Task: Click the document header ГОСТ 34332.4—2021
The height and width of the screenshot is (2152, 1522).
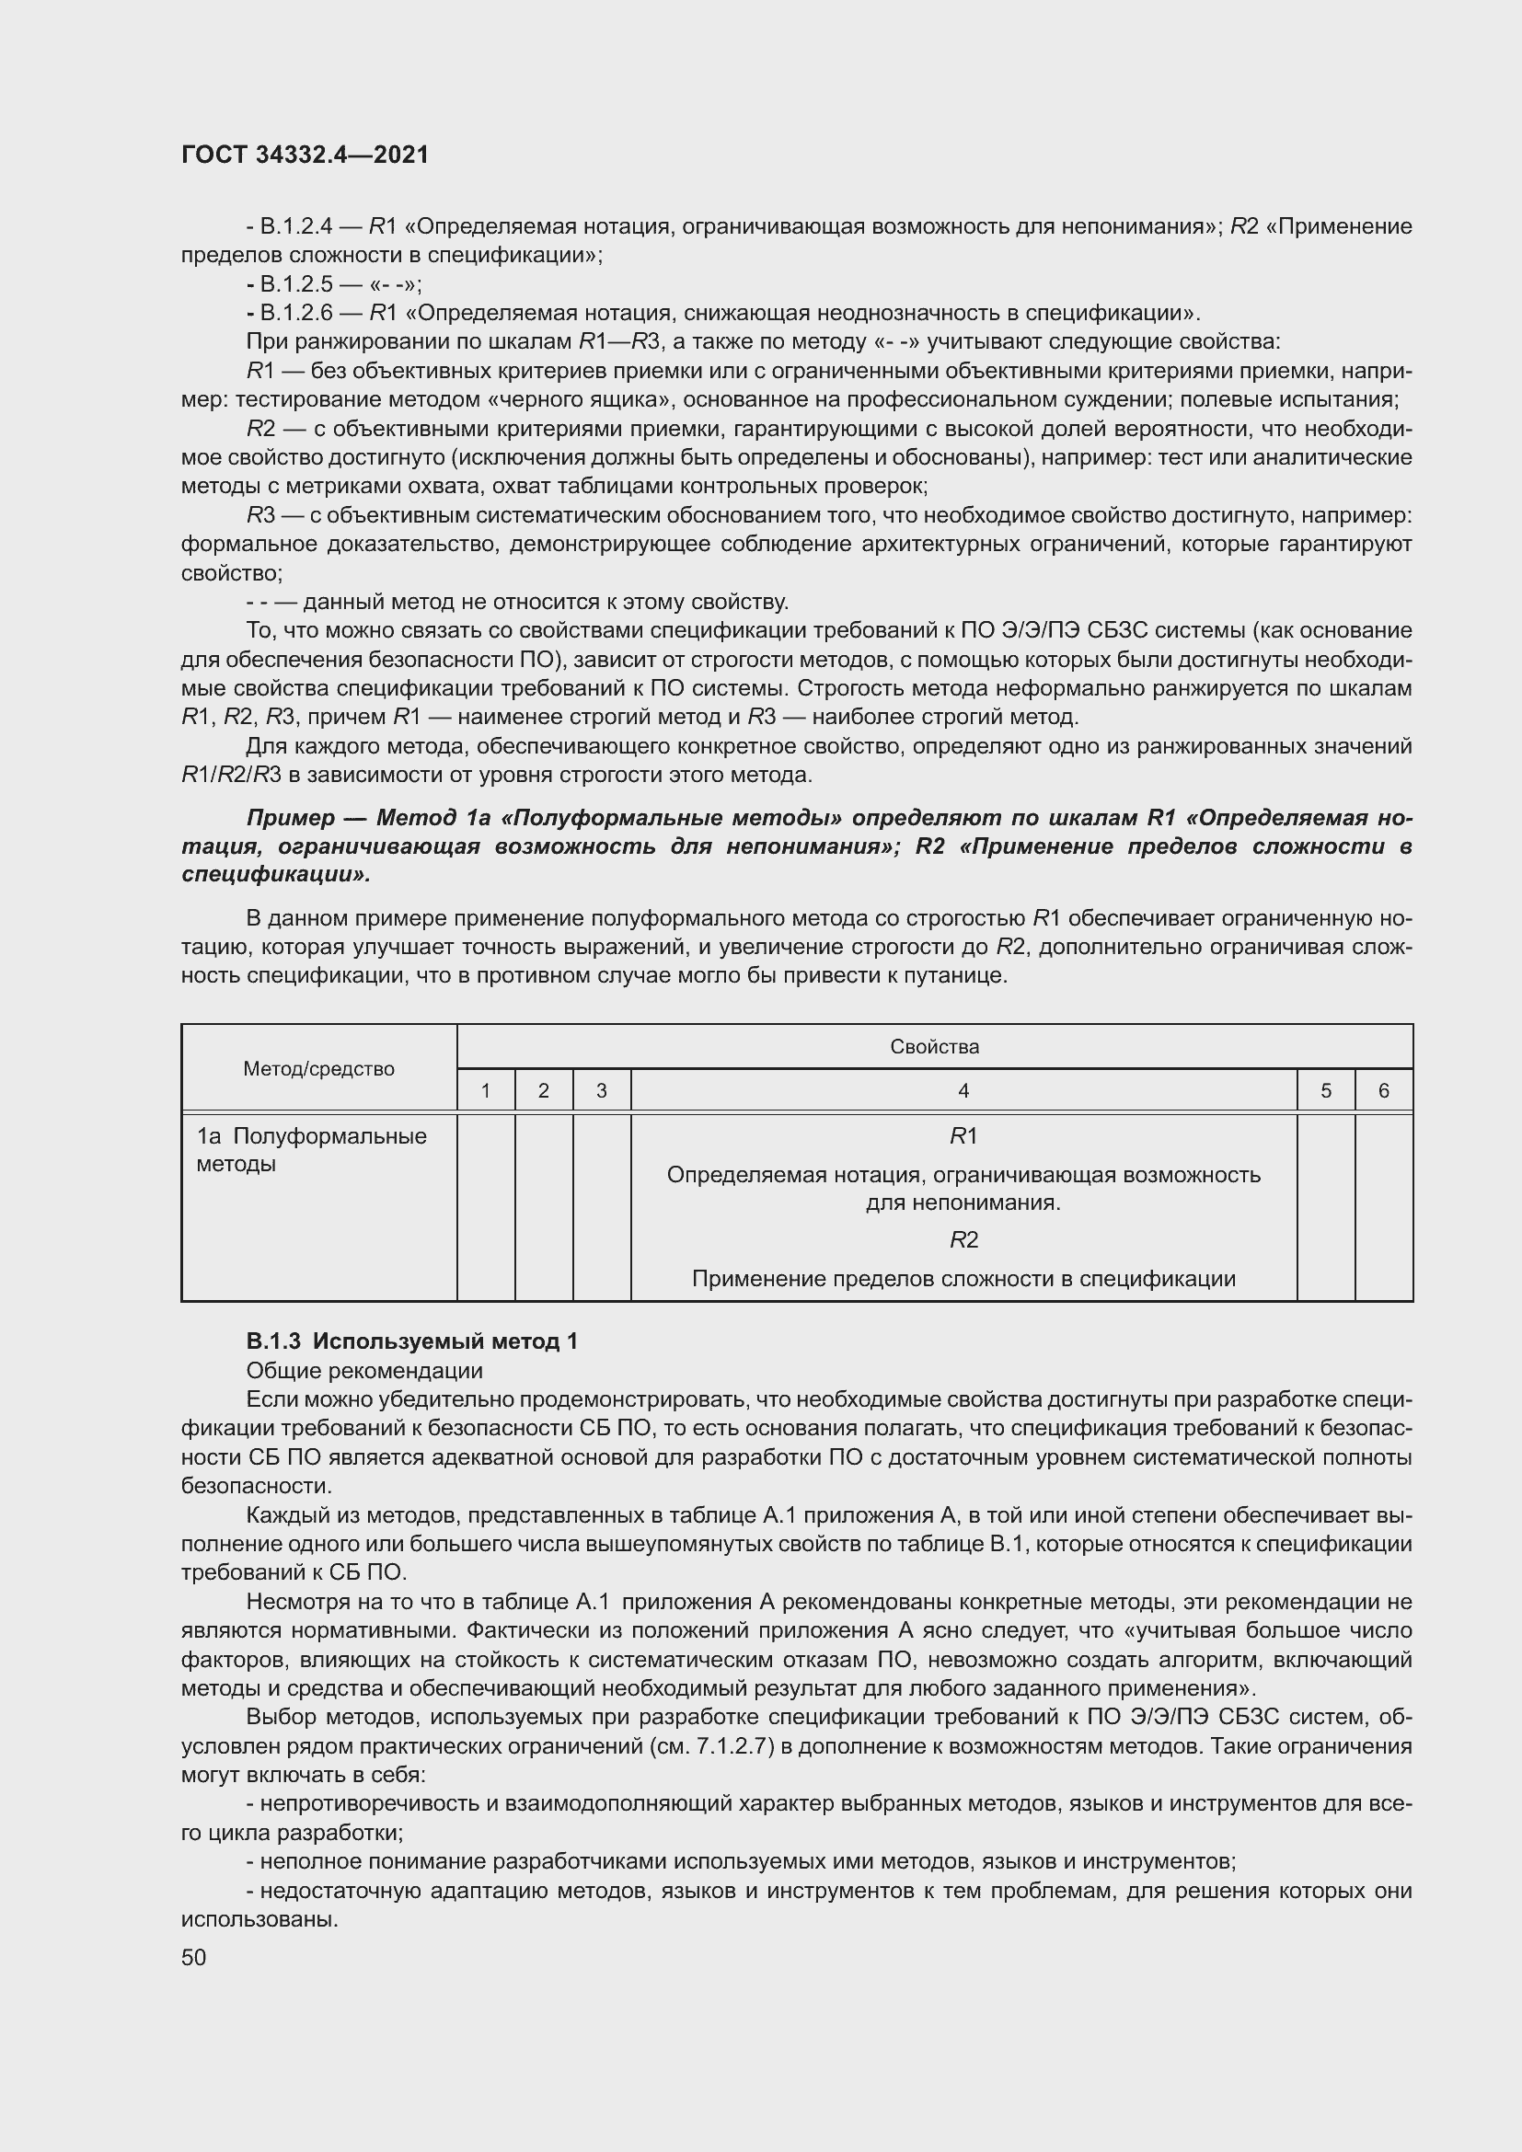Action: click(x=305, y=155)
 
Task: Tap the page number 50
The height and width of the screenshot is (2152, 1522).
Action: click(x=193, y=1957)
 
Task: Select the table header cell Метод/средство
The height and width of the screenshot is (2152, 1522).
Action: click(x=318, y=1068)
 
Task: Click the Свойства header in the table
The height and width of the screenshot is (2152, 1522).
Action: click(x=934, y=1047)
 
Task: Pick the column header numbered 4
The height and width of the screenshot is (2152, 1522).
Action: click(x=963, y=1091)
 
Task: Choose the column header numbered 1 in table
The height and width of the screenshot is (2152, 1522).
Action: click(x=486, y=1091)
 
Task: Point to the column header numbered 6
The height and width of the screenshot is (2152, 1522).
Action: click(x=1383, y=1091)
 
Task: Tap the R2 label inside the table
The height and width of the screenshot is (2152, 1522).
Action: click(x=963, y=1240)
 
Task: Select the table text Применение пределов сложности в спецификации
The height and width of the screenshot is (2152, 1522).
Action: click(x=963, y=1279)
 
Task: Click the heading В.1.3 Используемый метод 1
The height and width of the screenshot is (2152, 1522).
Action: click(x=412, y=1341)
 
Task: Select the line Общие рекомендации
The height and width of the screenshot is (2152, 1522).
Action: click(x=364, y=1370)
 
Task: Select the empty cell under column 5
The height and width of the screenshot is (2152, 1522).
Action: click(x=1325, y=1206)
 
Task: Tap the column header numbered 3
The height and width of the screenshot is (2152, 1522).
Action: click(x=601, y=1091)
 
